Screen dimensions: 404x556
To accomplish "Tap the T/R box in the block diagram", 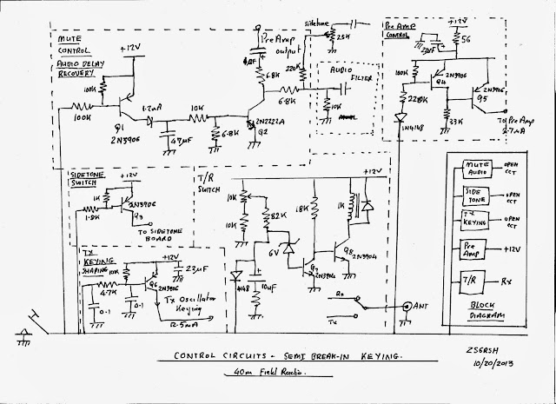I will tap(472, 282).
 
